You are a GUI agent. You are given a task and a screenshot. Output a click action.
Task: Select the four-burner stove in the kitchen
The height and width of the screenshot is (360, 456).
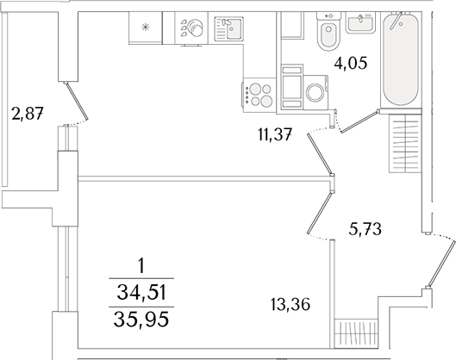pos(259,92)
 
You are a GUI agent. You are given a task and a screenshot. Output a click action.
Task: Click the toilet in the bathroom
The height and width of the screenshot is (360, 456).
pos(328,34)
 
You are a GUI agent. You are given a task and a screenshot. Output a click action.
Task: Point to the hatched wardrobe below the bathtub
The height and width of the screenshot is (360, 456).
pos(405,143)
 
